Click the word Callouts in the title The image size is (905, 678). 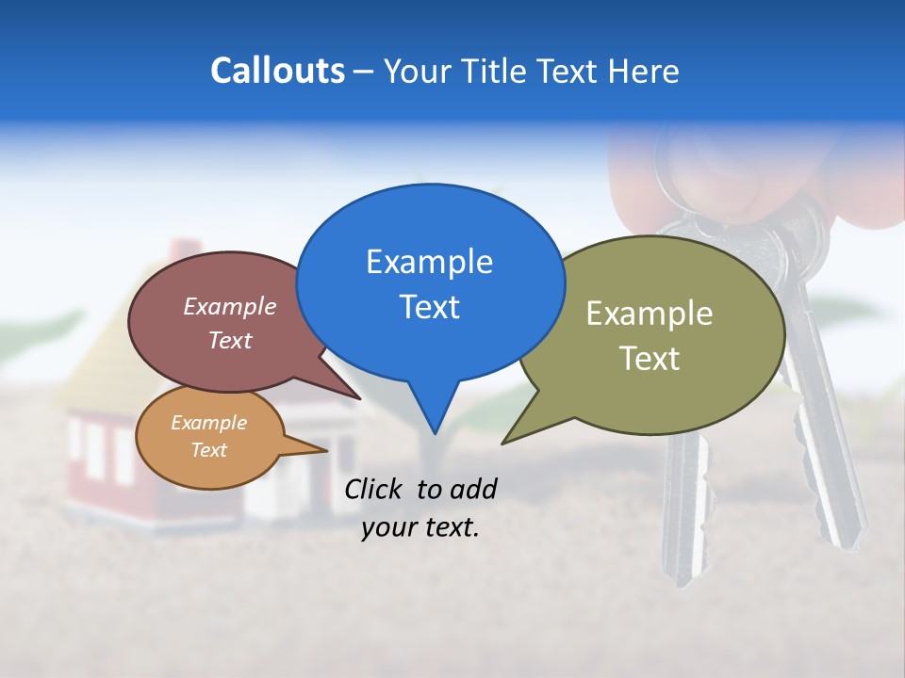(x=277, y=72)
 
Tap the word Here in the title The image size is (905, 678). (x=643, y=72)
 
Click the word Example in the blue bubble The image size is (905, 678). (x=429, y=261)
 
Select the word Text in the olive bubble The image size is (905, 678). (x=650, y=359)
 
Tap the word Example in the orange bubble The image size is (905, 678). (x=208, y=423)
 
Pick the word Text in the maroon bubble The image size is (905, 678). (x=230, y=340)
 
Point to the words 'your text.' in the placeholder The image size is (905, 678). (x=420, y=527)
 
